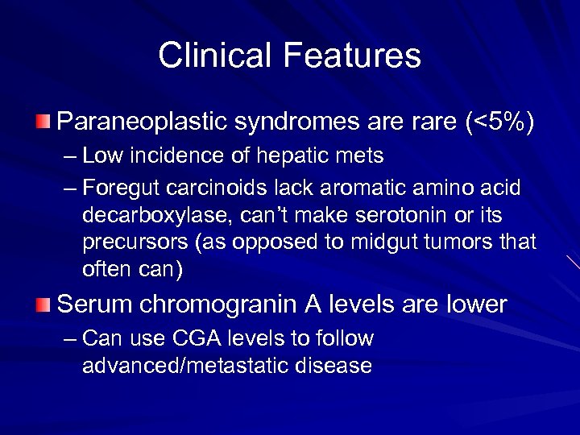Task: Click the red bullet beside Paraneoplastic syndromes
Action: tap(42, 122)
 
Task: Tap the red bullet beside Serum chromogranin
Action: tap(42, 304)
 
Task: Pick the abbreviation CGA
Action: tap(168, 338)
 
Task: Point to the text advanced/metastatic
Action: tap(184, 367)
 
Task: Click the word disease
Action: tap(333, 367)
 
